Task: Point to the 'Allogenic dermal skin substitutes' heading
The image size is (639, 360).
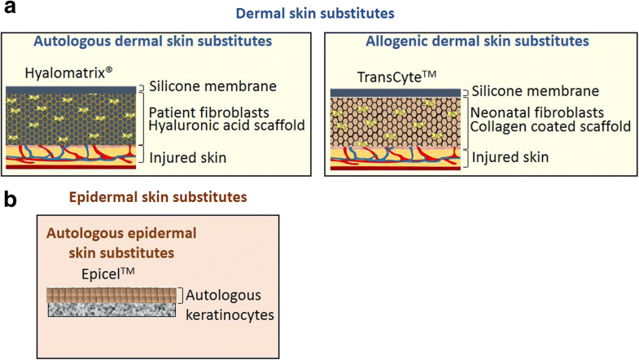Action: click(x=477, y=41)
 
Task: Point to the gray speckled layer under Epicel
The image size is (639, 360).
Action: click(x=113, y=310)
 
